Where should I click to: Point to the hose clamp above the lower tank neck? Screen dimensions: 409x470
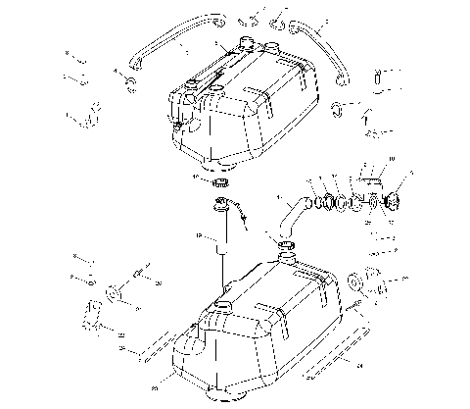(x=288, y=242)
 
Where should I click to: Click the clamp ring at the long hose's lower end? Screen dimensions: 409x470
(x=130, y=77)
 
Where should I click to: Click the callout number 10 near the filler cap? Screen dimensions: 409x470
(x=392, y=159)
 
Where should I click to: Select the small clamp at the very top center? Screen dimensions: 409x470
(x=252, y=17)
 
